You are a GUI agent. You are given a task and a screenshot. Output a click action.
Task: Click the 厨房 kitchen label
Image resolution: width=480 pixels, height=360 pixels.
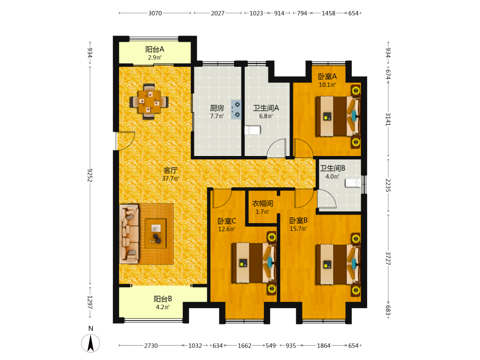[217, 108]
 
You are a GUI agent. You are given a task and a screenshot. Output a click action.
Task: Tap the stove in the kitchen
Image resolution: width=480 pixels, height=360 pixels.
[236, 109]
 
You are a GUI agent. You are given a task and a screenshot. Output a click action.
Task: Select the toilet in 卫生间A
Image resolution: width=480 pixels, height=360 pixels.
[252, 131]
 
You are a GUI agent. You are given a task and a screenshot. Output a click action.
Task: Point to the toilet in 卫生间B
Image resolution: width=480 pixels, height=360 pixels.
[353, 183]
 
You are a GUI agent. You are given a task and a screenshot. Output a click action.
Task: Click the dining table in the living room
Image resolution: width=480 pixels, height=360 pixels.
[149, 101]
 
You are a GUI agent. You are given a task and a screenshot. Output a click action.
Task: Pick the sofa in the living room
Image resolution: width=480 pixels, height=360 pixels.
[129, 234]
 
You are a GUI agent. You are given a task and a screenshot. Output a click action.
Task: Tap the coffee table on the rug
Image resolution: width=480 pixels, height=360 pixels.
[156, 233]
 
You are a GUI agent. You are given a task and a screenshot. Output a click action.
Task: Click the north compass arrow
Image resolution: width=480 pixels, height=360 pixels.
[91, 343]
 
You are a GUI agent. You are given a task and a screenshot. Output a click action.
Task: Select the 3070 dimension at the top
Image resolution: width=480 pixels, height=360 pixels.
[155, 13]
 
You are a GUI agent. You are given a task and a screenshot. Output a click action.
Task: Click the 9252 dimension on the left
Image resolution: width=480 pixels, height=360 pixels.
[90, 175]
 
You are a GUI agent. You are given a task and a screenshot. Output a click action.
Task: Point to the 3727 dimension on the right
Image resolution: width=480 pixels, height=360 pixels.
[388, 258]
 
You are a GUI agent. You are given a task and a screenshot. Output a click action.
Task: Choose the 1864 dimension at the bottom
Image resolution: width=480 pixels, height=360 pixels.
[324, 346]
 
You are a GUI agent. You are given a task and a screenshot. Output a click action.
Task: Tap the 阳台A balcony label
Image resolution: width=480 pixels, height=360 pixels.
[155, 49]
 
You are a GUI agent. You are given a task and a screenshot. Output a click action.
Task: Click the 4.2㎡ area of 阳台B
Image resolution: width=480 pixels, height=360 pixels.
[163, 307]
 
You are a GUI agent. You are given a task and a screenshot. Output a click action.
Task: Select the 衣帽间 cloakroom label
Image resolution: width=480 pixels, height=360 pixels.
[263, 204]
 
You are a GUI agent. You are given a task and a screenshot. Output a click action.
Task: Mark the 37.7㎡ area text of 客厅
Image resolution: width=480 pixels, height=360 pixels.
[170, 179]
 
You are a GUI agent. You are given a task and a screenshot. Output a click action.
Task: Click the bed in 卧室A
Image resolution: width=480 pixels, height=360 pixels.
[338, 116]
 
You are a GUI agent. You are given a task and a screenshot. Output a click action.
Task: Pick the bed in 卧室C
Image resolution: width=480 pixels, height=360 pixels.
[254, 263]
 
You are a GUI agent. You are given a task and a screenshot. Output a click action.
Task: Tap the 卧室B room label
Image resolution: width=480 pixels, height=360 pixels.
[299, 220]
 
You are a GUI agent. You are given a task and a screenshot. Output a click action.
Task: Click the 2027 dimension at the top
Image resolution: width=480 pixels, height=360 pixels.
[217, 13]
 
